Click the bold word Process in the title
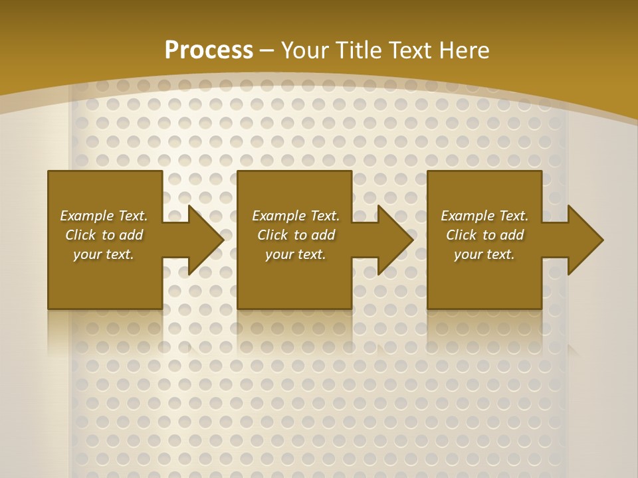(209, 50)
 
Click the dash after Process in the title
(267, 50)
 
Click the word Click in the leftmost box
(81, 235)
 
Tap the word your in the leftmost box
(87, 254)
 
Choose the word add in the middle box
(323, 235)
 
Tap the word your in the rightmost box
(468, 254)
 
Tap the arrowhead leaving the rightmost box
(584, 240)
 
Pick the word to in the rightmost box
(490, 235)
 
